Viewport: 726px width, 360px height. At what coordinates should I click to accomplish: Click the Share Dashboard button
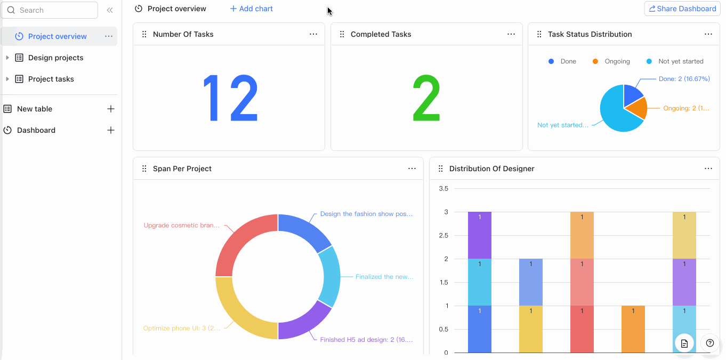tap(682, 9)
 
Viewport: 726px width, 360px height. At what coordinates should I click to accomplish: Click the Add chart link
tap(252, 9)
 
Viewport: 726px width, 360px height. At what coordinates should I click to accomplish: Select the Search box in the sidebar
tap(50, 10)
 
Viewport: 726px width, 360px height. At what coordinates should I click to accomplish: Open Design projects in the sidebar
tap(55, 58)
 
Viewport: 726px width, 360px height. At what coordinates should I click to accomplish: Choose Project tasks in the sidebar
tap(51, 79)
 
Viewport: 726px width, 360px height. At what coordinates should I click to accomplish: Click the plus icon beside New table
tap(111, 109)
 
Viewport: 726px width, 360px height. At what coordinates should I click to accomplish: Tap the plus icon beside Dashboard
tap(111, 130)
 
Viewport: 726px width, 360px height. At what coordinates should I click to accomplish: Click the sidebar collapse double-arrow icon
tap(110, 10)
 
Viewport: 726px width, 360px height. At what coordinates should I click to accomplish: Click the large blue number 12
tap(230, 98)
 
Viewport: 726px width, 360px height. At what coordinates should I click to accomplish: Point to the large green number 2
tap(426, 98)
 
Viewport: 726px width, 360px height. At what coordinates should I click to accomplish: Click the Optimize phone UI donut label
tap(181, 329)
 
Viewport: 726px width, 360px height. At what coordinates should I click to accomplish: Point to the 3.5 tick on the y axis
tap(443, 189)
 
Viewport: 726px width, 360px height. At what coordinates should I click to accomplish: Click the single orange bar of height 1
tap(633, 329)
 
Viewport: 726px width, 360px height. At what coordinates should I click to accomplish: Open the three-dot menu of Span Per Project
tap(412, 169)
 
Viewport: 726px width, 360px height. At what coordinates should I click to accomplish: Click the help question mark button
tap(709, 343)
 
